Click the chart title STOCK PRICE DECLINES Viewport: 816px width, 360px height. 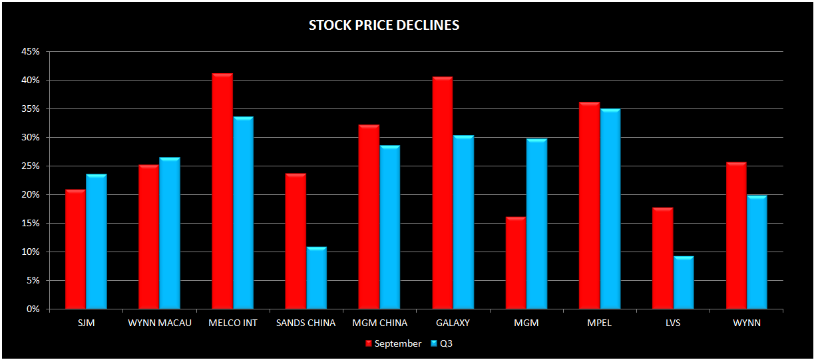click(384, 26)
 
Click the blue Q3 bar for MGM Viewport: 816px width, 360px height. click(536, 224)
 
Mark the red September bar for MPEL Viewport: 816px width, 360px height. click(590, 206)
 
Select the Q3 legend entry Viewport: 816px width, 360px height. click(446, 344)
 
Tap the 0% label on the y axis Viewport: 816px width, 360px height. click(33, 309)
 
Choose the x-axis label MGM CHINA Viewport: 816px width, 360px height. click(379, 323)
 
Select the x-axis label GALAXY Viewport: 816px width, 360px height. click(453, 323)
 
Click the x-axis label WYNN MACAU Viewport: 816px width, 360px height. click(159, 323)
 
